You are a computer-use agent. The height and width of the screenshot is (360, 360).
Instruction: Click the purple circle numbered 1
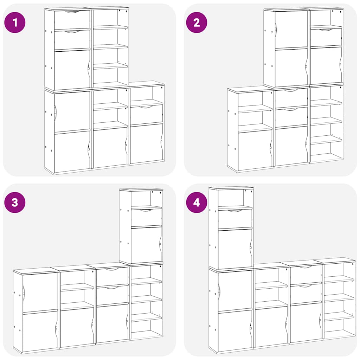[15, 22]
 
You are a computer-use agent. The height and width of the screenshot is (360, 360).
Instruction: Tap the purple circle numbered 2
[197, 22]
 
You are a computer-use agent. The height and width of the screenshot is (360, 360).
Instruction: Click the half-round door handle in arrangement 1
[55, 112]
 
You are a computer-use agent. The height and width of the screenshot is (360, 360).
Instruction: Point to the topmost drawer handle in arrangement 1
[72, 12]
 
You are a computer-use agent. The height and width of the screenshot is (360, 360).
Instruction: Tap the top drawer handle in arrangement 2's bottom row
[291, 90]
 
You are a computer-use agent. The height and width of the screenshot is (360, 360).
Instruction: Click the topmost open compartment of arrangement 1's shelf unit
[110, 18]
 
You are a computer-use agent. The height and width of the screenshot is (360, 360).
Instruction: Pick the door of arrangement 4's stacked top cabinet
[234, 249]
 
